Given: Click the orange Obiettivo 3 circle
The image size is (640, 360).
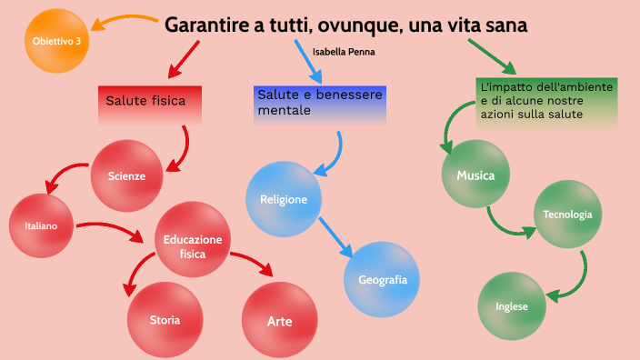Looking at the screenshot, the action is [x=56, y=41].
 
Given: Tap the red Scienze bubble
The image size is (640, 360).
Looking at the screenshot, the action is [x=126, y=175].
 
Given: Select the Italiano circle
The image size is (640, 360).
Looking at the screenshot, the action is [x=41, y=225].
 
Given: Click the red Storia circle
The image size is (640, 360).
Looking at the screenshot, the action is [x=165, y=319].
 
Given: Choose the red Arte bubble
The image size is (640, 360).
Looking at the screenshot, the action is [x=279, y=321].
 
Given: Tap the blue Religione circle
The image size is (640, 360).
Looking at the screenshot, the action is [x=284, y=199].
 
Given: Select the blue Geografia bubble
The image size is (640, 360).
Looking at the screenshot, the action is [x=382, y=279].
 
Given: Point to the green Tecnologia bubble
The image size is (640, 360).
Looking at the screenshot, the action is [x=567, y=215].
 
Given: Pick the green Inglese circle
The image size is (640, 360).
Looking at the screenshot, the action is [x=512, y=305].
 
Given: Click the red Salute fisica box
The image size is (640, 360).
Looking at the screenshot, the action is [x=149, y=103].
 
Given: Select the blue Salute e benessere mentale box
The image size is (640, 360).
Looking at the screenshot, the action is [x=320, y=104].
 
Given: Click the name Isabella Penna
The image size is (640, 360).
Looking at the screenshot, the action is [x=343, y=52].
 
